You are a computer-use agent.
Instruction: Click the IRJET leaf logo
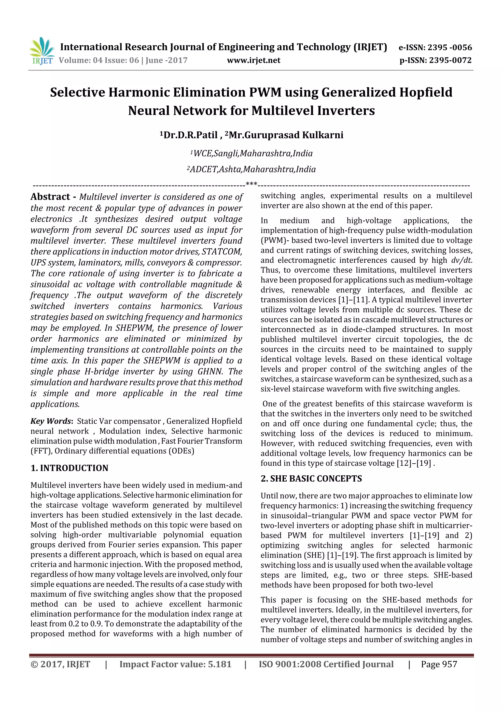point(42,50)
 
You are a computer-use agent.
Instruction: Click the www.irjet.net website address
point(253,60)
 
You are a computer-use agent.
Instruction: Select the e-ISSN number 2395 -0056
point(449,47)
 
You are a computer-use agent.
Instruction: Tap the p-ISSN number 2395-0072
point(450,60)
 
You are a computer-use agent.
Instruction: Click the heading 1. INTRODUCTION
point(70,468)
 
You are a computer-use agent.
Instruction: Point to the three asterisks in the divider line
point(251,184)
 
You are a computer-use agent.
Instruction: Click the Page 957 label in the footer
point(439,664)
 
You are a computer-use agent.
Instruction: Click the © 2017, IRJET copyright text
point(60,664)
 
